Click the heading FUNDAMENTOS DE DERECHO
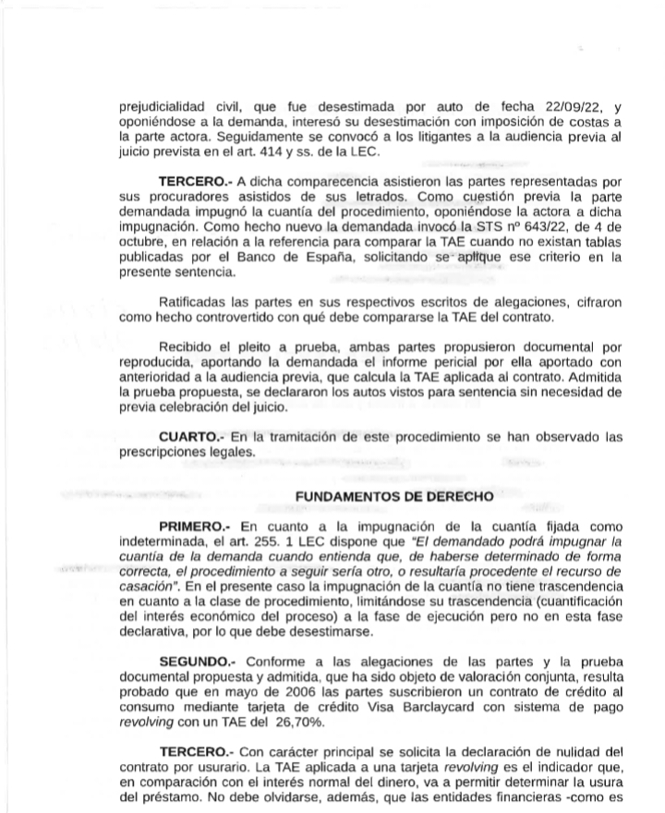[393, 496]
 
